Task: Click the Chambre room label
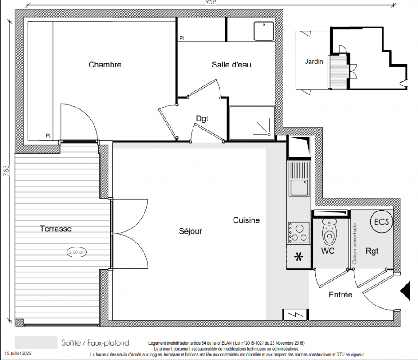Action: coord(105,65)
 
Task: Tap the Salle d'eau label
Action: coord(231,64)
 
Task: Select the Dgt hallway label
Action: coord(202,119)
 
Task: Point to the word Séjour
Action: coord(190,231)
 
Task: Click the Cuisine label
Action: coord(246,220)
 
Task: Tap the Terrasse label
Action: coord(56,229)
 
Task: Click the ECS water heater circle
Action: coord(382,221)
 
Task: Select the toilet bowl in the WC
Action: coord(329,232)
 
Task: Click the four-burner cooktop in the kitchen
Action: coord(299,233)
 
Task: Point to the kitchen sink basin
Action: coord(299,188)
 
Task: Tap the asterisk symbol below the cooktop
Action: coord(299,257)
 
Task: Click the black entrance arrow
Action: coord(405,291)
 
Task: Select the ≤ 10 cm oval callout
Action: coord(76,252)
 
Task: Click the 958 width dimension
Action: coord(211,2)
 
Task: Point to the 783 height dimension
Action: coord(6,171)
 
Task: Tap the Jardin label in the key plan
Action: coord(314,62)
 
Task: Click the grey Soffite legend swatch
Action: coord(36,342)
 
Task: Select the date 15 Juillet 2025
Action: coord(18,353)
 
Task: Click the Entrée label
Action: coord(341,295)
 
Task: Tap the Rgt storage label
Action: coord(372,251)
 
